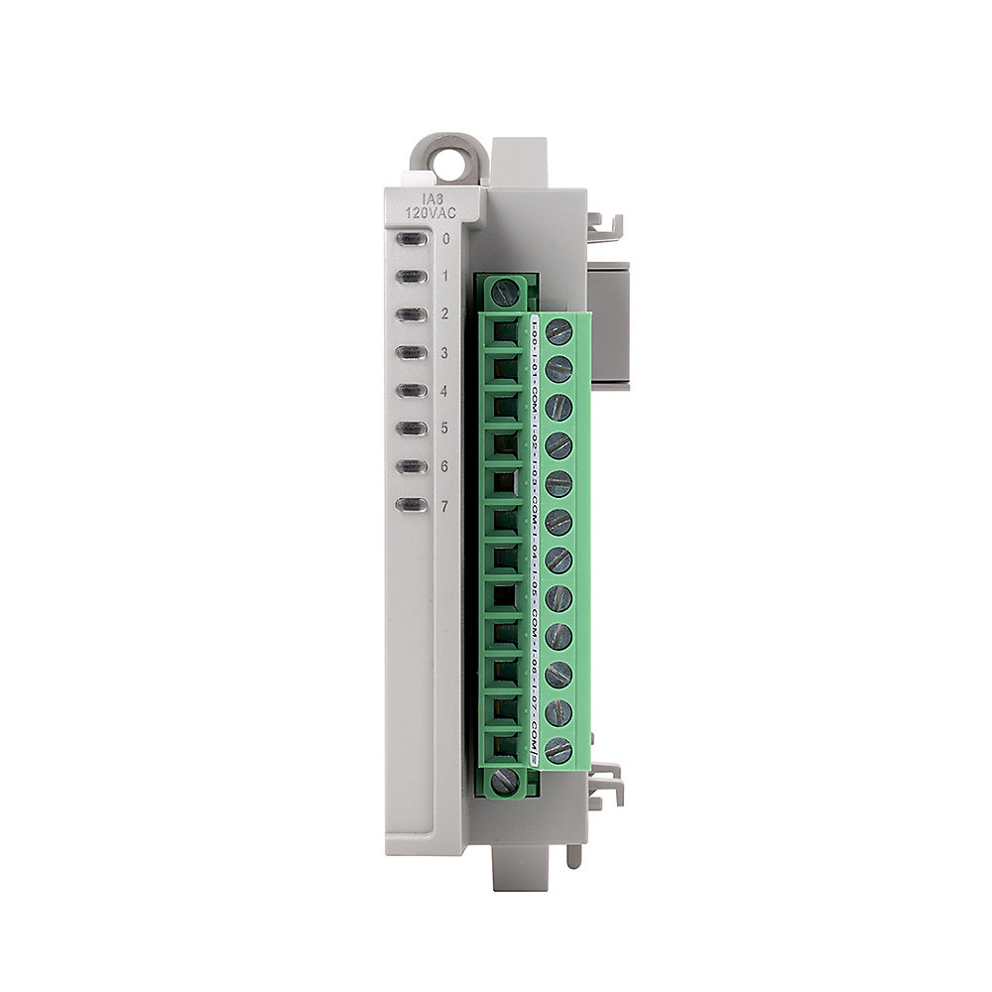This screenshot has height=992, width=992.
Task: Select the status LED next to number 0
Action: tap(411, 238)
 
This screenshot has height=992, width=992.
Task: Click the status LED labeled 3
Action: tap(411, 352)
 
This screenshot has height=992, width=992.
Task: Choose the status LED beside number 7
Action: tap(411, 505)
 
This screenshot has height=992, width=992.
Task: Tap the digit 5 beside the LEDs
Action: tap(445, 429)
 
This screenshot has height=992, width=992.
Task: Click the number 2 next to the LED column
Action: tap(445, 314)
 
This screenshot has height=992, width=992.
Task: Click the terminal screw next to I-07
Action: tap(558, 712)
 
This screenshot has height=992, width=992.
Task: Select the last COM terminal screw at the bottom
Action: tap(558, 750)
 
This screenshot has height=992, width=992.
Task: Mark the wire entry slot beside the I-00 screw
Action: tap(507, 332)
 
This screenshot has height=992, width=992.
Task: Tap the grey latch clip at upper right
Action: tap(606, 227)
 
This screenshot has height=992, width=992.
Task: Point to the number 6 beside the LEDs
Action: tap(445, 466)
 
